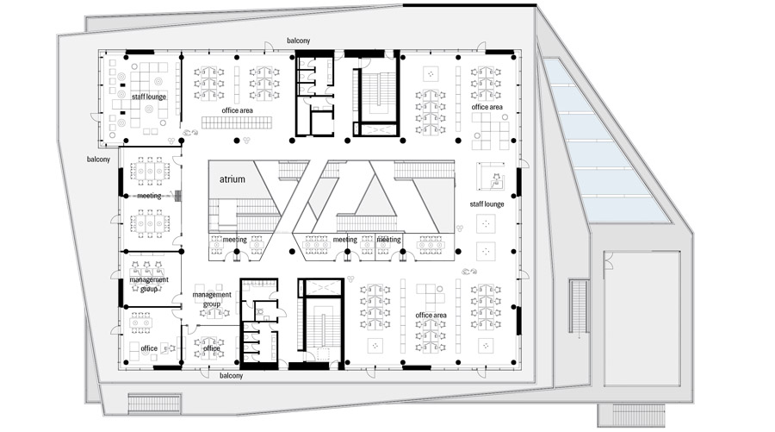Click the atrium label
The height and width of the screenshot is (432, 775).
click(x=232, y=179)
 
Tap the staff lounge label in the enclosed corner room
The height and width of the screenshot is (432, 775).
click(x=149, y=97)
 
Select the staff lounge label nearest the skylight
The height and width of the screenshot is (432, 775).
click(x=487, y=203)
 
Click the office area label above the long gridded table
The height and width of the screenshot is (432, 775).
click(x=238, y=110)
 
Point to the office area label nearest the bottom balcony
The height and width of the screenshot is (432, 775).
click(x=431, y=316)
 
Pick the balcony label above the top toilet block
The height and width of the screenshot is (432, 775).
click(x=299, y=41)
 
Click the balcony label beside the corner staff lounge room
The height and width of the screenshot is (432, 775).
click(x=98, y=160)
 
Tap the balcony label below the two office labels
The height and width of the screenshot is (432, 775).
click(x=232, y=376)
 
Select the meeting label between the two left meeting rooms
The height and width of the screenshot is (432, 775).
click(x=149, y=196)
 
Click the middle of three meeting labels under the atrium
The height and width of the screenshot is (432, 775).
click(x=345, y=240)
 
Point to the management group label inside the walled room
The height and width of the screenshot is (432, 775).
click(x=149, y=284)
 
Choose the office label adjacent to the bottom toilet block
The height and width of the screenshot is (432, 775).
click(x=212, y=348)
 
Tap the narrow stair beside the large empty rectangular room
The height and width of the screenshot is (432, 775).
click(x=578, y=306)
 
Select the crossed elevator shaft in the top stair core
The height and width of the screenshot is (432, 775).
click(x=379, y=129)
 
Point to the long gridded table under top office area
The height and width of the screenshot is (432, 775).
click(x=237, y=122)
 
